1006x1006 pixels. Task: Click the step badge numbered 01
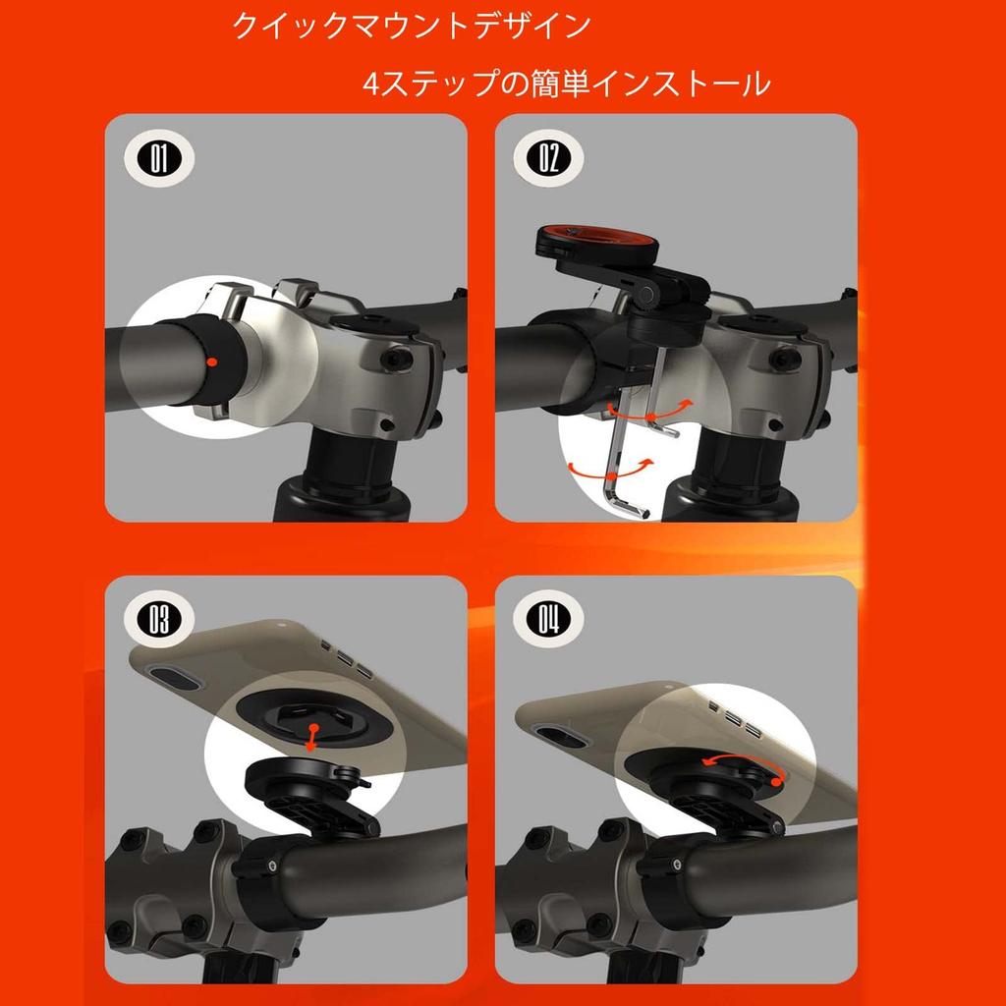pyautogui.click(x=159, y=158)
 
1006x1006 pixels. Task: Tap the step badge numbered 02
pyautogui.click(x=548, y=158)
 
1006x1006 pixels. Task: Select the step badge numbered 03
pyautogui.click(x=159, y=619)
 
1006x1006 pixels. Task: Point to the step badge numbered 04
pyautogui.click(x=548, y=619)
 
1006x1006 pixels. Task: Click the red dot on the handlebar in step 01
pyautogui.click(x=212, y=363)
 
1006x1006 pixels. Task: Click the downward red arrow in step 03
pyautogui.click(x=311, y=738)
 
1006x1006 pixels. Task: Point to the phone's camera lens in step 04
pyautogui.click(x=561, y=736)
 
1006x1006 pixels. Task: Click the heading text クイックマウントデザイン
pyautogui.click(x=412, y=26)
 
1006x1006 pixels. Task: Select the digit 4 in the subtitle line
pyautogui.click(x=371, y=84)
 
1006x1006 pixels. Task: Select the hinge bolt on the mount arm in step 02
pyautogui.click(x=646, y=295)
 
